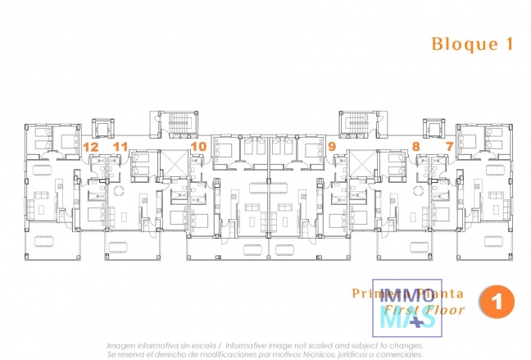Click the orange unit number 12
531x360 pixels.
[x=91, y=147]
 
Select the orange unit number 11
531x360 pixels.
[x=120, y=147]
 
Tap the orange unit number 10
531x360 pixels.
[x=197, y=147]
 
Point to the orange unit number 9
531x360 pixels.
[x=331, y=147]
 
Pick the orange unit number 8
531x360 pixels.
[x=416, y=147]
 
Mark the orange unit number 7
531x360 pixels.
[x=449, y=147]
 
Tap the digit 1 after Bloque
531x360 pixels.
[x=509, y=44]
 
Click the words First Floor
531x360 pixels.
[x=432, y=311]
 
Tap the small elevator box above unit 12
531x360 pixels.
[x=105, y=130]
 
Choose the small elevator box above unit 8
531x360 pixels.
[x=433, y=130]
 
